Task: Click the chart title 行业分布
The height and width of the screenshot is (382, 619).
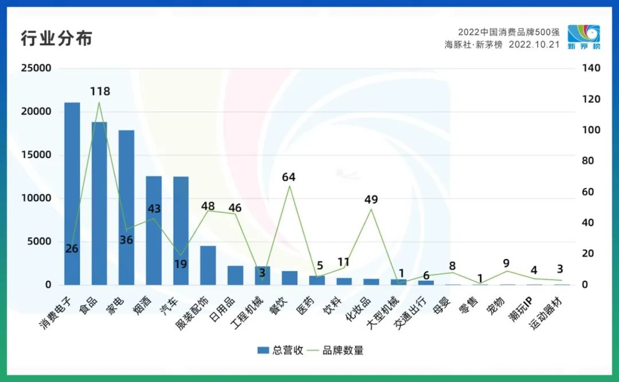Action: click(56, 39)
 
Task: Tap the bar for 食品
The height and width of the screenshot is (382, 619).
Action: click(99, 203)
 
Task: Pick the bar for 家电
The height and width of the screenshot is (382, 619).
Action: click(127, 207)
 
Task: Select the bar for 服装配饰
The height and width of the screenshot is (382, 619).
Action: click(208, 265)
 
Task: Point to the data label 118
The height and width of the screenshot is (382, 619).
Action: click(100, 91)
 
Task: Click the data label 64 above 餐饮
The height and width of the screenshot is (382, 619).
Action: click(289, 177)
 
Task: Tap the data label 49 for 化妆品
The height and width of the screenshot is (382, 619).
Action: click(371, 199)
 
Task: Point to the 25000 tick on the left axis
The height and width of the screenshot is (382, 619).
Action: click(36, 68)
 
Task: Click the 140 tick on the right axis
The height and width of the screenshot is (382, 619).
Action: click(590, 68)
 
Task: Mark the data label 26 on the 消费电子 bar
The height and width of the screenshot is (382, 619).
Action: click(72, 249)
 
